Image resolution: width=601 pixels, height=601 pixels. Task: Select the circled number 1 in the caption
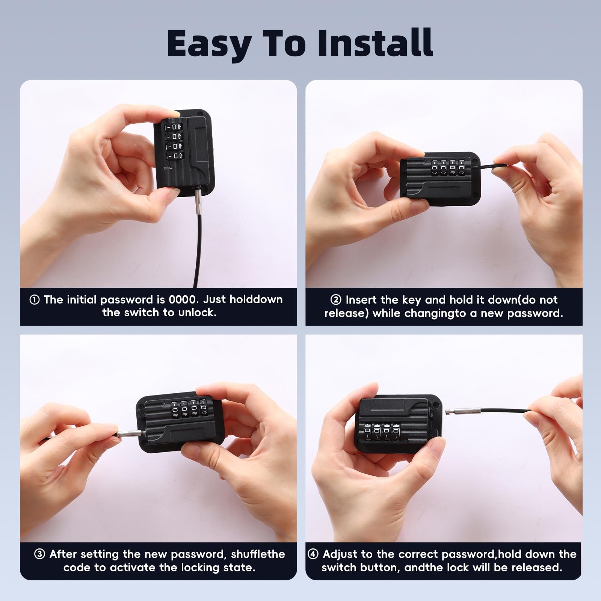point(35,300)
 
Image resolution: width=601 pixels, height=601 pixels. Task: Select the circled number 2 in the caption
point(335,300)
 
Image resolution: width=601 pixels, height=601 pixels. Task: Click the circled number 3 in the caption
point(39,554)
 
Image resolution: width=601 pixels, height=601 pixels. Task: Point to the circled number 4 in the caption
point(313,554)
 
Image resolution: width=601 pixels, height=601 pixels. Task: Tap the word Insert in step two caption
point(361,300)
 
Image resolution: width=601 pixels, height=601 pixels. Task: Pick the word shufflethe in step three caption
point(258,554)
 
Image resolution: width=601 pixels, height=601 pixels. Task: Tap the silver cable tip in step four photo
point(458,412)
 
